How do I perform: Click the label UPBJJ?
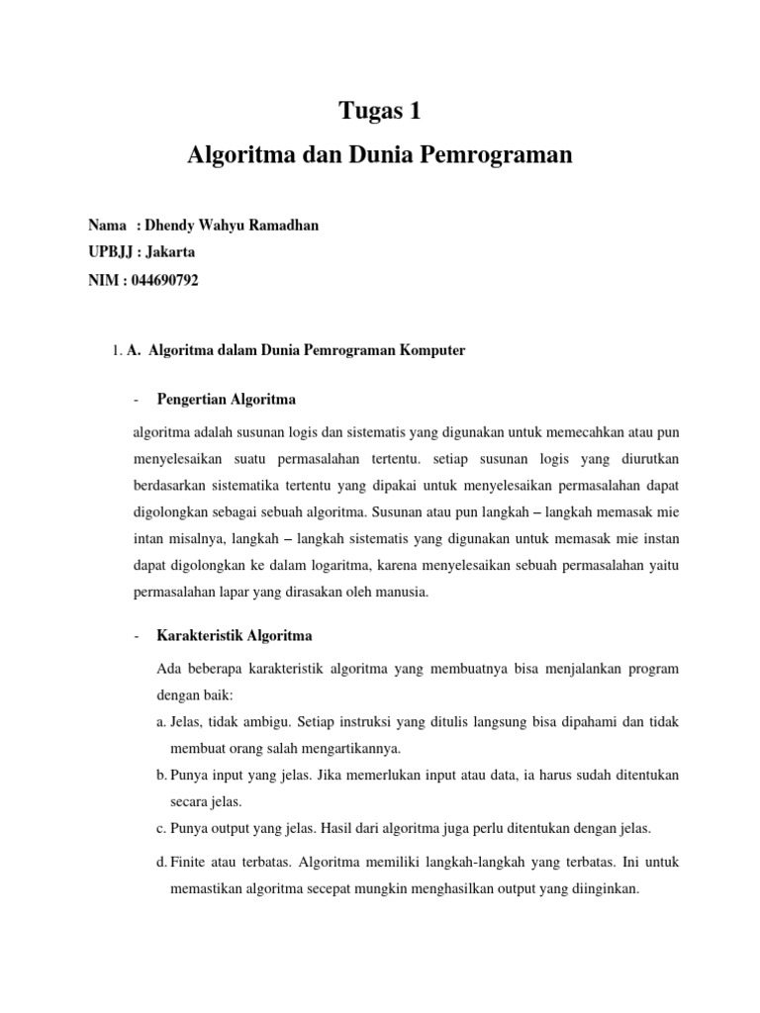[x=111, y=252]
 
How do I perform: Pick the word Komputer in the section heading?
[x=431, y=350]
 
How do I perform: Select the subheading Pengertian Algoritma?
[x=226, y=400]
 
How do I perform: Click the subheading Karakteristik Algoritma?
[x=234, y=634]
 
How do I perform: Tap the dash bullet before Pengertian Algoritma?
[x=135, y=400]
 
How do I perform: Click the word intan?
[x=149, y=538]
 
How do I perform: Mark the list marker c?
[x=161, y=828]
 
